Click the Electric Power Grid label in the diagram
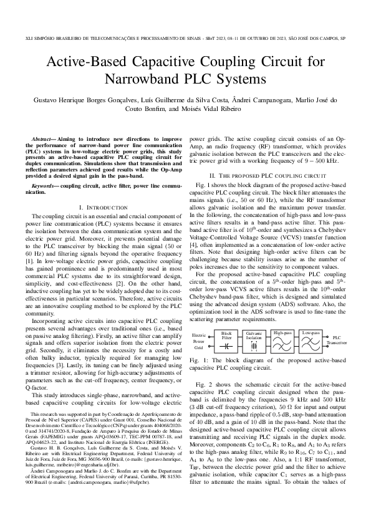pos(199,341)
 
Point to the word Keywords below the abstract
pos(45,186)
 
